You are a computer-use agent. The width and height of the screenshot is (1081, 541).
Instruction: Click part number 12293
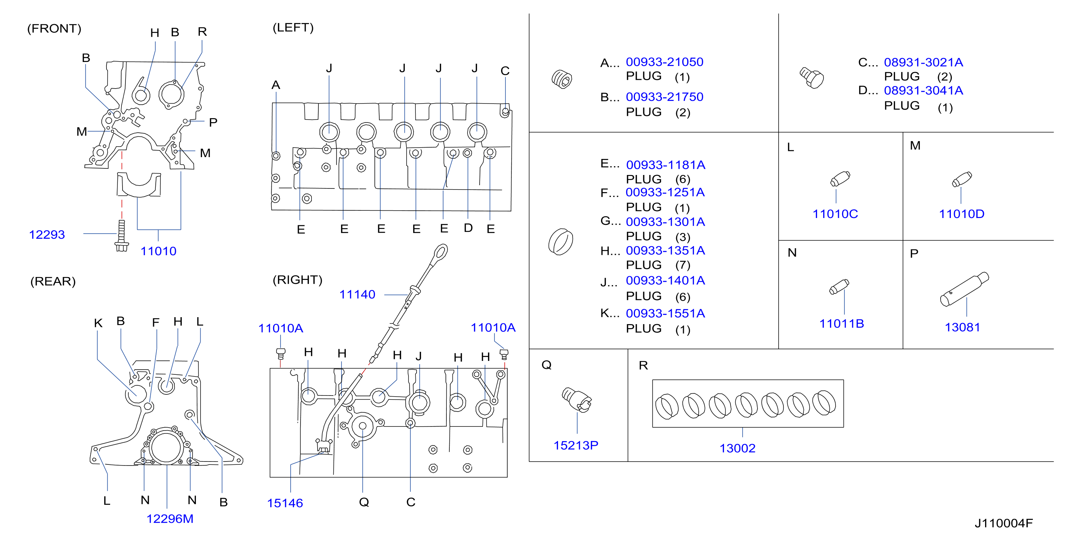coord(47,234)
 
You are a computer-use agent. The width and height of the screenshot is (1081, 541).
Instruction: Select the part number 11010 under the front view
coord(158,251)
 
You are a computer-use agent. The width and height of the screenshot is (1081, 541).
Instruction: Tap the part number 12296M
coord(170,519)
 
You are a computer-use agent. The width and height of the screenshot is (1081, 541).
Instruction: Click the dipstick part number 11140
coord(357,295)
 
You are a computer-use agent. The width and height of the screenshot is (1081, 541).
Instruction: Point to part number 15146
coord(285,503)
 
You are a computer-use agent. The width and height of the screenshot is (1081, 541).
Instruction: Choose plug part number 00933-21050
coord(664,62)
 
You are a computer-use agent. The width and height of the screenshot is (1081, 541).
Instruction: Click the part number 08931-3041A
coord(923,90)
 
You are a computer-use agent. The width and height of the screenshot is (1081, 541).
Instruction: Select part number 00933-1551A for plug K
coord(665,313)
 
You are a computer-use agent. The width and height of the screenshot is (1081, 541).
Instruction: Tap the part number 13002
coord(737,448)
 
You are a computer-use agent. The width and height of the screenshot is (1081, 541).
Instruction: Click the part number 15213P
coord(576,445)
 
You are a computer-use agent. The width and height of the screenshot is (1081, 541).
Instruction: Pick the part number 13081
coord(962,327)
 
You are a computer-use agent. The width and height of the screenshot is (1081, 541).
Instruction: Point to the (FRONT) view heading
coord(54,28)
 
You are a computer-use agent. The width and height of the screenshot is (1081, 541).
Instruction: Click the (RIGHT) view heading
coord(298,280)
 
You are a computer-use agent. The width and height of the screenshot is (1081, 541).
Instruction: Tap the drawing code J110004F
coord(1003,524)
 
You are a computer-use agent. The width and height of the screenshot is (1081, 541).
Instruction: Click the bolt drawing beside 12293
coord(122,236)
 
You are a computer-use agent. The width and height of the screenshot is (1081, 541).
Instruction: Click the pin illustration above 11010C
coord(840,179)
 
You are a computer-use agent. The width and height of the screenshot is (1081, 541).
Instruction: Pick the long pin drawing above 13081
coord(964,289)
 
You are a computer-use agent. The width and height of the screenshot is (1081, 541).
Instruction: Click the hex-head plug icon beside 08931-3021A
coord(811,78)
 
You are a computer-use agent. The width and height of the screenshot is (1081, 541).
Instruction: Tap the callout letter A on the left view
coord(276,85)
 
